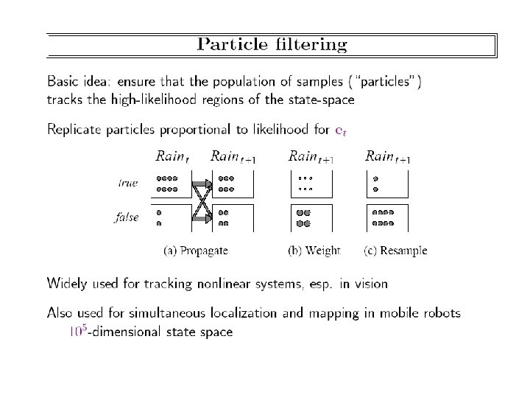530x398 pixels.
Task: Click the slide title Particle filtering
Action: click(272, 45)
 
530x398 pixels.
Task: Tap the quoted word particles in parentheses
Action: click(389, 81)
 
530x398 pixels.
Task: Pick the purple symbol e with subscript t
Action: click(341, 131)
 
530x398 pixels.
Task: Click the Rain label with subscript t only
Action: click(172, 156)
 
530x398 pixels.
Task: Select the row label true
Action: click(128, 182)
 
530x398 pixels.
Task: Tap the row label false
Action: click(127, 218)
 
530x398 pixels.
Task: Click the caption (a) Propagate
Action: click(196, 251)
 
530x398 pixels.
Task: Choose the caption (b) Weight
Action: click(314, 251)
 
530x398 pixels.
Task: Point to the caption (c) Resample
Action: click(395, 251)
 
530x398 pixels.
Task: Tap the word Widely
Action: click(68, 282)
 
